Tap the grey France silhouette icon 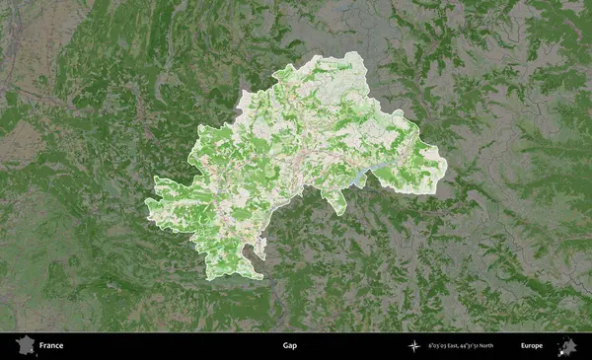pyautogui.click(x=23, y=346)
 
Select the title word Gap pyautogui.click(x=289, y=346)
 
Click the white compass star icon pyautogui.click(x=414, y=346)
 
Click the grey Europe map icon pyautogui.click(x=567, y=346)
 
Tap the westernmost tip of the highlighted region pyautogui.click(x=145, y=201)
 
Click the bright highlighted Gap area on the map pyautogui.click(x=296, y=158)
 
